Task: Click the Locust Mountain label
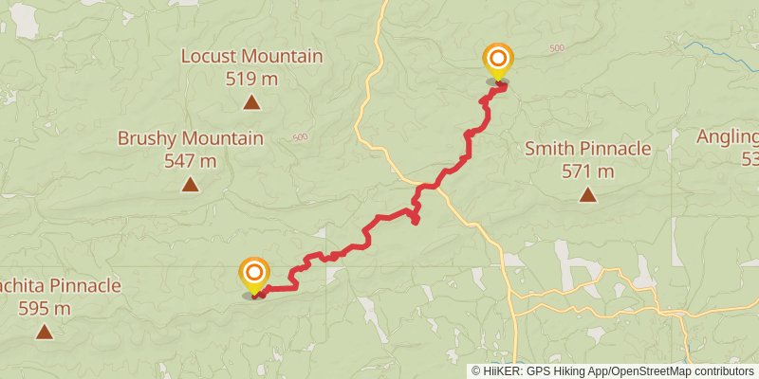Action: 252,56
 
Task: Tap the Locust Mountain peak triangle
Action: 252,101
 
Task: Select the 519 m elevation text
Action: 252,79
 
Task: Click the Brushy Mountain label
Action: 190,138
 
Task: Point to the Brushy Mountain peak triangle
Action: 190,184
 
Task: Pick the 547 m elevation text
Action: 190,161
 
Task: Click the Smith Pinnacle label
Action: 588,148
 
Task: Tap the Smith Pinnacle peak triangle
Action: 588,195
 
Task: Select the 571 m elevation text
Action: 588,171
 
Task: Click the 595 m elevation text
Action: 44,308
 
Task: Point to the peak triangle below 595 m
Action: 44,332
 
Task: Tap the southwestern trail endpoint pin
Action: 253,276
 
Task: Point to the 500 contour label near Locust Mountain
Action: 301,138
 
